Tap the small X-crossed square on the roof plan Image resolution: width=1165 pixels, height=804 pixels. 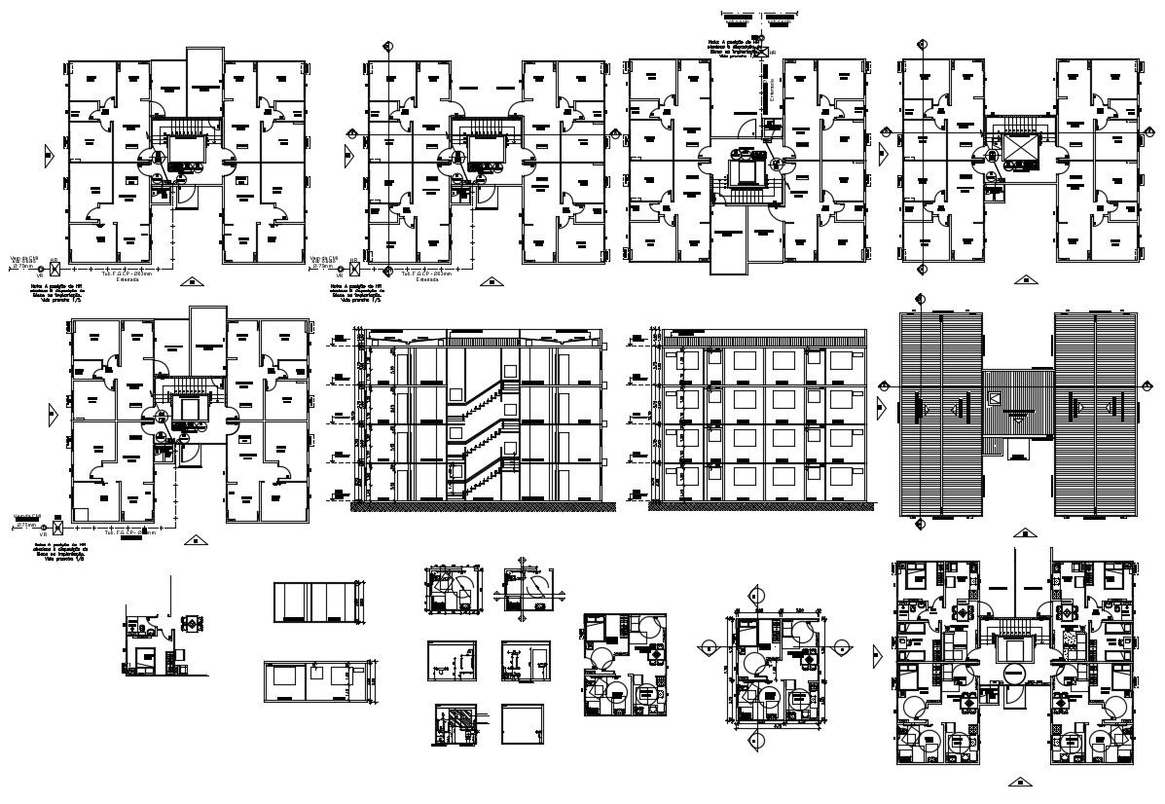point(994,398)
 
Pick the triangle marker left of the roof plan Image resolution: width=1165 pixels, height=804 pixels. point(882,406)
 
